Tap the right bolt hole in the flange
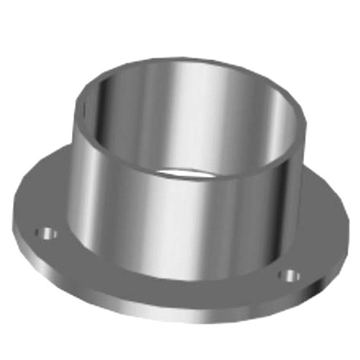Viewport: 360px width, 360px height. [x=289, y=274]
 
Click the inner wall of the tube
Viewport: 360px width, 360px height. [x=180, y=115]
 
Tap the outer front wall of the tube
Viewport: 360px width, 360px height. [x=180, y=223]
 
